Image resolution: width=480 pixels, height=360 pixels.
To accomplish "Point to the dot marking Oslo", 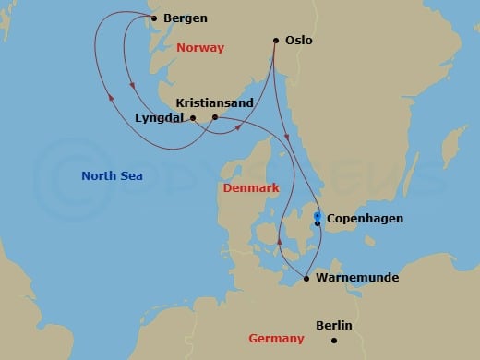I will (x=276, y=40).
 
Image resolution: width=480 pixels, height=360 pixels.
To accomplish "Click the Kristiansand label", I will (x=214, y=102).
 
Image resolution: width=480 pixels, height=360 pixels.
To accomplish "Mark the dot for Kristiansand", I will (x=214, y=117).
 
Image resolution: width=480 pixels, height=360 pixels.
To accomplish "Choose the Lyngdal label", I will (x=160, y=118).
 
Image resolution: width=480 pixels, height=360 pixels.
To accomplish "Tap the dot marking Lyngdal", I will (x=192, y=118).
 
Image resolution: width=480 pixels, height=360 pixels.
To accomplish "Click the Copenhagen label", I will (x=366, y=220).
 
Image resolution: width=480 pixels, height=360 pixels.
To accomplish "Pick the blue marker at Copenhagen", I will (x=317, y=216).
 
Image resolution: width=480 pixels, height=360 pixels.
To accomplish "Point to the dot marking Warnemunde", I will (x=306, y=277).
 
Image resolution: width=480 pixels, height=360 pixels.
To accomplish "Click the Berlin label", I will (x=334, y=325).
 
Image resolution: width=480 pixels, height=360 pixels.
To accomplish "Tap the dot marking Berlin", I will (x=334, y=341).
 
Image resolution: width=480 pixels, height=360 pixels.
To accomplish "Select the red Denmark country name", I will (x=251, y=188).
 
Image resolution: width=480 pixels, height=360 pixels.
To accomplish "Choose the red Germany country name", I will (x=276, y=339).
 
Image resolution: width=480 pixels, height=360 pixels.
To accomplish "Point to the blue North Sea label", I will (x=112, y=175).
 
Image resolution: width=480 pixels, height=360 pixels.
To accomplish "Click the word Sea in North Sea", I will (x=131, y=175).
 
